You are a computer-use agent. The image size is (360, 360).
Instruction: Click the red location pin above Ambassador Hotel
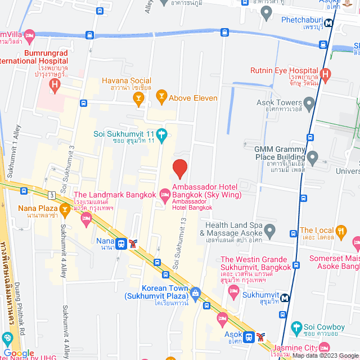[179, 168]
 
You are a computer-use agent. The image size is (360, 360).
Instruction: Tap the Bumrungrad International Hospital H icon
[55, 85]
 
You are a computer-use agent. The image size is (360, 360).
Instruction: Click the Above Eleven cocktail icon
[162, 98]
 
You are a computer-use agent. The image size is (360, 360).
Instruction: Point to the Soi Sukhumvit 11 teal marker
[162, 134]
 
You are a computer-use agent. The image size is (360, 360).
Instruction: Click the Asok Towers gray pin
[309, 103]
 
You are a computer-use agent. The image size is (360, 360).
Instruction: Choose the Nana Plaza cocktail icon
[65, 211]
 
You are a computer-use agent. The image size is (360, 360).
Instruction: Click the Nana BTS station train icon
[121, 243]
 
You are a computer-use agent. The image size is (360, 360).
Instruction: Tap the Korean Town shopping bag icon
[195, 292]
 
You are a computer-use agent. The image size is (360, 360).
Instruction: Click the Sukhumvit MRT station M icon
[286, 298]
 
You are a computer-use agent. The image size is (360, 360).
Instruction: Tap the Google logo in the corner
[19, 353]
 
